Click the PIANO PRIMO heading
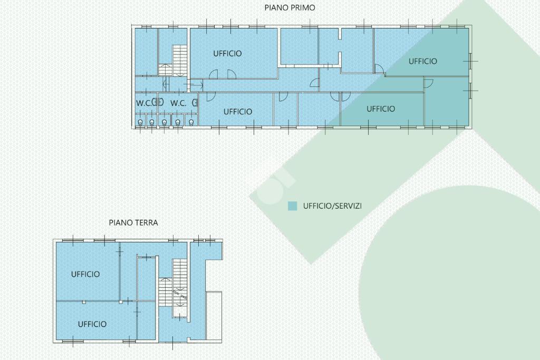tap(290, 7)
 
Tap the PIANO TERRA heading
tap(133, 222)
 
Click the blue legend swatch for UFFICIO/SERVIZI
tap(292, 206)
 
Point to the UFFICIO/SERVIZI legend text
tap(332, 206)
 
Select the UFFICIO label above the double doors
tap(227, 53)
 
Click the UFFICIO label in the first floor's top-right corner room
tap(422, 61)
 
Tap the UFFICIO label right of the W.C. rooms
tap(238, 112)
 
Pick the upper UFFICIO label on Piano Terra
tap(85, 274)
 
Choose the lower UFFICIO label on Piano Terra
tap(92, 324)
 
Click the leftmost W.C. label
tap(143, 103)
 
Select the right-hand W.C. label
tap(178, 103)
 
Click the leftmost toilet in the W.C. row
tap(140, 122)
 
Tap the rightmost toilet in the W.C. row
tap(191, 122)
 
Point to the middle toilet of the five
tap(165, 122)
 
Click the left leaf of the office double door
tap(214, 74)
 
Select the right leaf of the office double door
tap(232, 74)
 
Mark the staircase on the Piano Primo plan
tap(179, 60)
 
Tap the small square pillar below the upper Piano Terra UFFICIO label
tap(84, 302)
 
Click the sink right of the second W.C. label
tap(195, 103)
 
